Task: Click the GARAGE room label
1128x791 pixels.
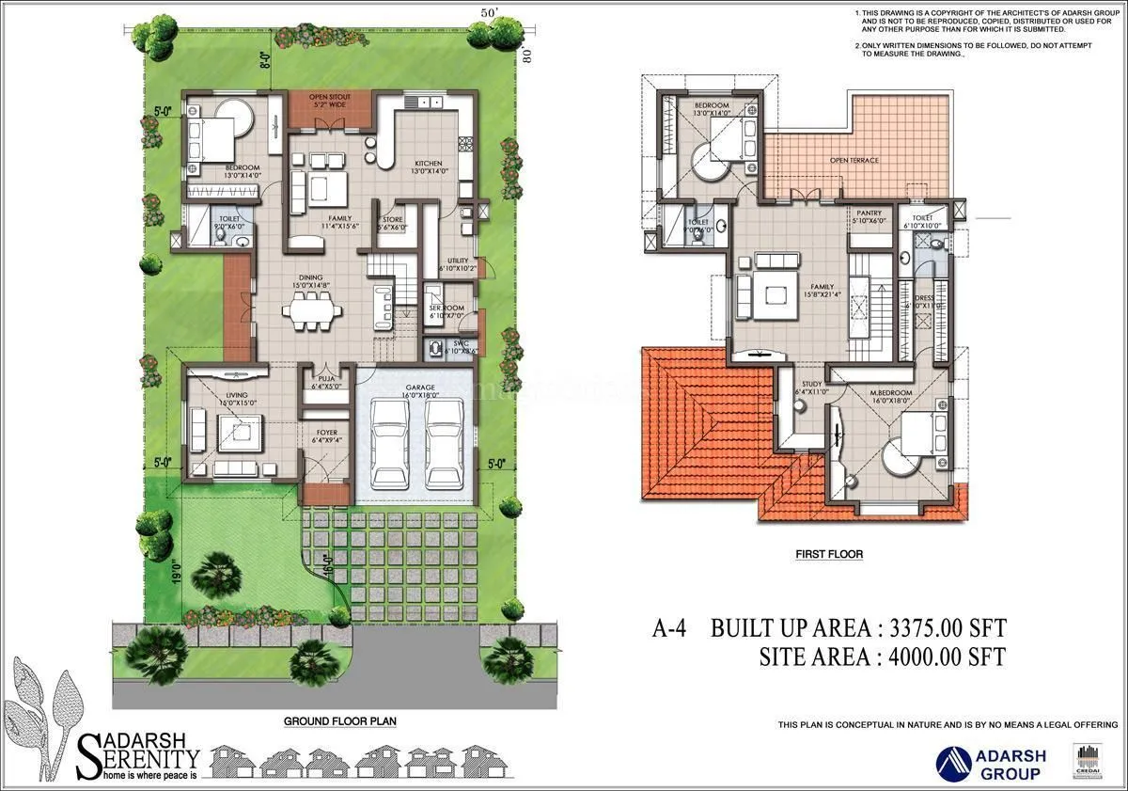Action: [418, 388]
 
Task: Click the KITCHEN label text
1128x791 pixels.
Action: [429, 163]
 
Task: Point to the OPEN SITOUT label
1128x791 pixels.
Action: [329, 96]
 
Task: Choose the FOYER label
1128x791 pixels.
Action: [326, 433]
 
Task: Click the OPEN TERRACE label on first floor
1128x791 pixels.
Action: [854, 160]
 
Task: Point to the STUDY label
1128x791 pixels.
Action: [811, 384]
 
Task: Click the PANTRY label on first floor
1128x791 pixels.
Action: [869, 214]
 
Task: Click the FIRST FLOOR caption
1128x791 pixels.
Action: [828, 555]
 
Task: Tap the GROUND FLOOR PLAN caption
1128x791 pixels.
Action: [340, 721]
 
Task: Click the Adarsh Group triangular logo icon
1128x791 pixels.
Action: [955, 759]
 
